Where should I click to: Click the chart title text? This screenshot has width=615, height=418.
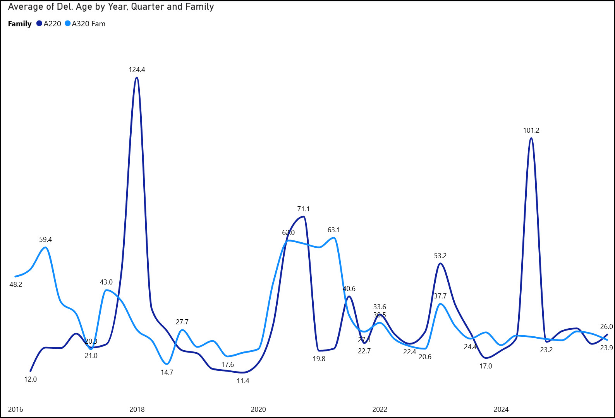click(x=111, y=7)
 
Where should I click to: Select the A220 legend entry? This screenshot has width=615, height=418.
click(x=52, y=24)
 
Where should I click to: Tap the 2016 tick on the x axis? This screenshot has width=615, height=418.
click(x=15, y=409)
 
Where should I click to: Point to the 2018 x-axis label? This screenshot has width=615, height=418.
click(x=137, y=409)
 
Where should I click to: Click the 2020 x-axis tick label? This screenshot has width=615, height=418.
click(x=258, y=409)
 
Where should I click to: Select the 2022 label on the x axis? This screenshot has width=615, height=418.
click(x=380, y=409)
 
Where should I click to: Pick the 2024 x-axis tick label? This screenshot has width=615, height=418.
click(x=501, y=409)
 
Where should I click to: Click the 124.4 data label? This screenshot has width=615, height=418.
click(x=137, y=70)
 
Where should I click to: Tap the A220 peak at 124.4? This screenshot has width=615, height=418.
click(x=137, y=78)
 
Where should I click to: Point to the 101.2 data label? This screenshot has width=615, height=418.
click(x=531, y=130)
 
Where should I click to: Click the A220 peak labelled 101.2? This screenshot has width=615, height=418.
click(x=531, y=138)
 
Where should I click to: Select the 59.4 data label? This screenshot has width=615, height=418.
click(x=45, y=240)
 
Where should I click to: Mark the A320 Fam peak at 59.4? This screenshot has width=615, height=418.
click(x=46, y=247)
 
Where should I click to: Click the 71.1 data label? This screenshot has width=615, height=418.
click(x=303, y=209)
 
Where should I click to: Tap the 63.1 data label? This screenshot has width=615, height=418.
click(x=333, y=230)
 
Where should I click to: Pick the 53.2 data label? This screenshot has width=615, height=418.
click(x=440, y=256)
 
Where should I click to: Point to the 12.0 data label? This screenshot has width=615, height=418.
click(x=31, y=379)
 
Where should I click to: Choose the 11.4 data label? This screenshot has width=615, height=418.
click(x=243, y=381)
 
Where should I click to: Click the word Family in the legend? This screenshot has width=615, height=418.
click(x=20, y=24)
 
